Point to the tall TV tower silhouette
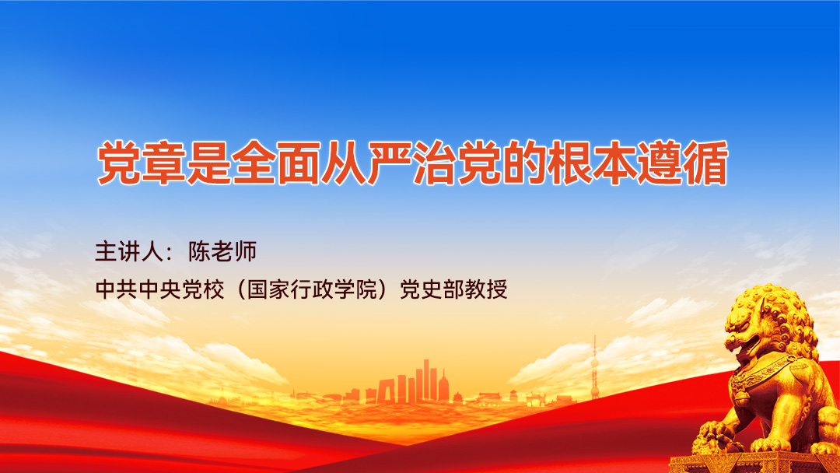coord(594,366)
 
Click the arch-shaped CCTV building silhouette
coord(387,389)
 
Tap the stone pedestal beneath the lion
coord(747,464)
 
